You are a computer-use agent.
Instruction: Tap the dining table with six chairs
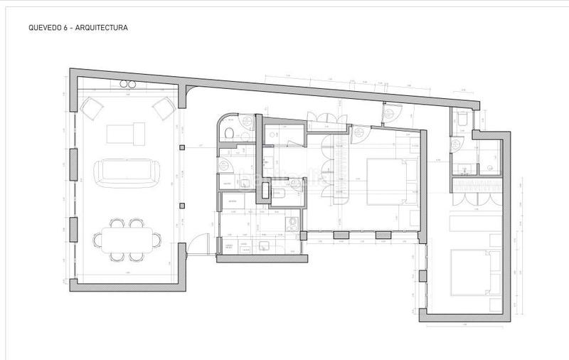pos(127,238)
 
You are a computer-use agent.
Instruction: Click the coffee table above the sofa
pos(126,132)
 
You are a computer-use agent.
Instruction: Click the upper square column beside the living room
pos(181,147)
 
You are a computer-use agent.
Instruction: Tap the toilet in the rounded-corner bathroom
pos(226,133)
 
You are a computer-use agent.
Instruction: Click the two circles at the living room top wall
pos(127,84)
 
